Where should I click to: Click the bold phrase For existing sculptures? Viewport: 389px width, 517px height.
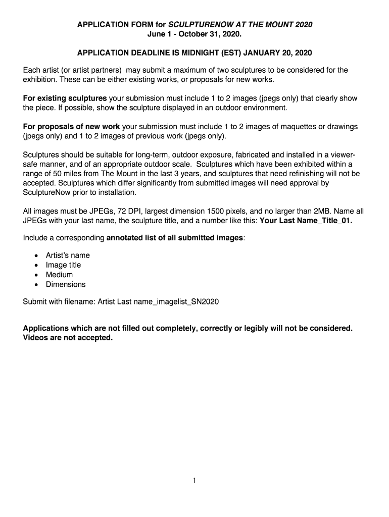[x=65, y=98]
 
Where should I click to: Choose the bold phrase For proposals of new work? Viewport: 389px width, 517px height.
[x=71, y=126]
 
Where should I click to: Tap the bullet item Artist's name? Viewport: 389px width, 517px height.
[x=68, y=255]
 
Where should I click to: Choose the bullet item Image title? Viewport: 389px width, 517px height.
[x=63, y=265]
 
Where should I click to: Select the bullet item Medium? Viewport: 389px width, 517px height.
[x=59, y=275]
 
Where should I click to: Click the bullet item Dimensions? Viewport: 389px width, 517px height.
[x=66, y=284]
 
